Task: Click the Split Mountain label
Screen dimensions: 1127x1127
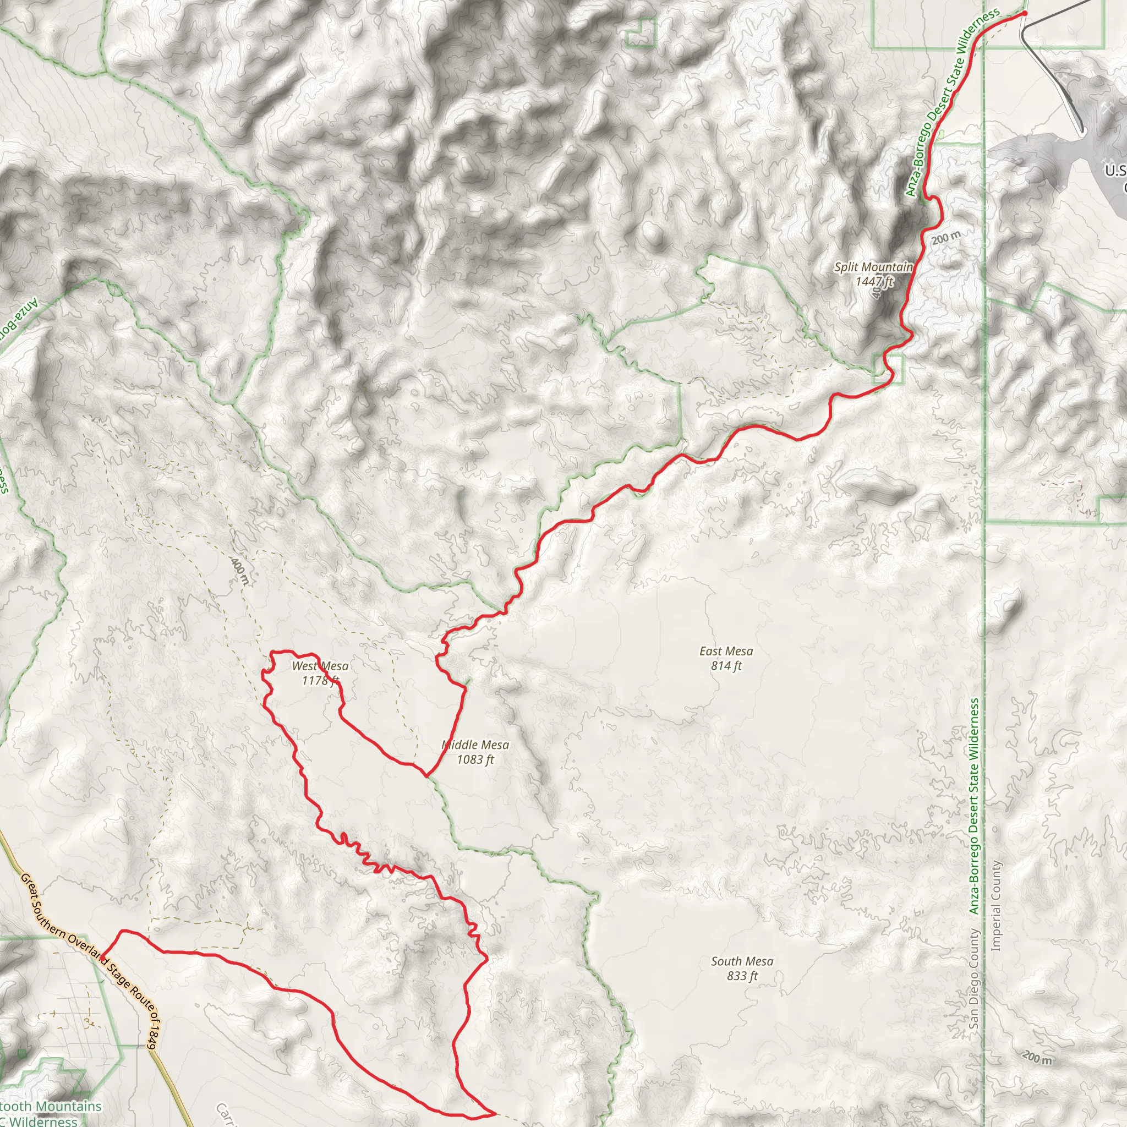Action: [x=873, y=267]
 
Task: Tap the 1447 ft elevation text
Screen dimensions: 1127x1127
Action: [x=874, y=282]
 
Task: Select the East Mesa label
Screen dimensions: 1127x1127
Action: [x=726, y=651]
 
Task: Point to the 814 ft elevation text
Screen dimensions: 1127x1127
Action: [x=726, y=666]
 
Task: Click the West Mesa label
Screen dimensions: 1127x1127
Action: [x=320, y=666]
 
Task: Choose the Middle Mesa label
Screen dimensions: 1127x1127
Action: [x=475, y=745]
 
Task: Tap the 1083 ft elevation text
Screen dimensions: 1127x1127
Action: [x=475, y=759]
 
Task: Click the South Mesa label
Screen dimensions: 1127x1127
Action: [x=742, y=961]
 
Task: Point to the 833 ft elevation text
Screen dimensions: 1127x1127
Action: [x=742, y=976]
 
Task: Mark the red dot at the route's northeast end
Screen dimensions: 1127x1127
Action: [x=1024, y=13]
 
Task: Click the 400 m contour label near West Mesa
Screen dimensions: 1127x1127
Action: [x=240, y=572]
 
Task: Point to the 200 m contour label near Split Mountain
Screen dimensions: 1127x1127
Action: [x=945, y=237]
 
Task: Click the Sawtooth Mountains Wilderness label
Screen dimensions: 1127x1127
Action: [x=50, y=1113]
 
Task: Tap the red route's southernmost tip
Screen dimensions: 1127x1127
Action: [x=495, y=1114]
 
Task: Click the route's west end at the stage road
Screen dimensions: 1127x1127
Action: [x=103, y=958]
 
